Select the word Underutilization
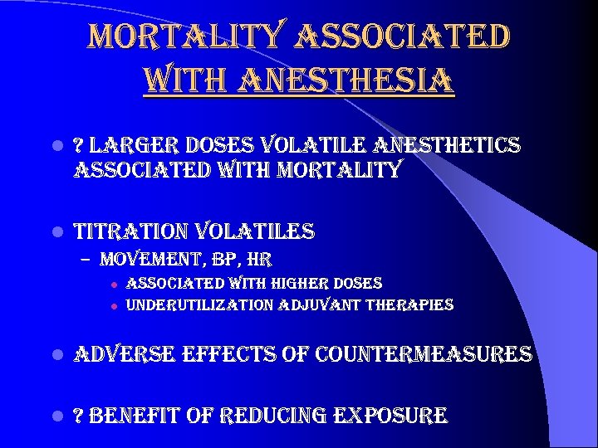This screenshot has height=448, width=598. tap(199, 304)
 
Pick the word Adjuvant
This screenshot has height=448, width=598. tap(320, 304)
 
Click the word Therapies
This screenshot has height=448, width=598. tap(410, 304)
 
